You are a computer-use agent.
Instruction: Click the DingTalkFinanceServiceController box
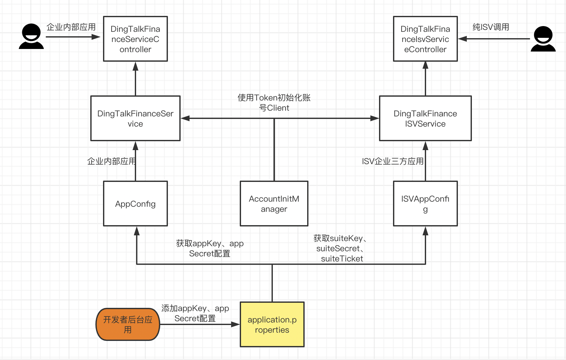pyautogui.click(x=135, y=39)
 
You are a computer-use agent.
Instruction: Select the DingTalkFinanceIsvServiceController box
pyautogui.click(x=425, y=39)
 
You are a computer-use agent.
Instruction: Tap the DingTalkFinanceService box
pyautogui.click(x=135, y=118)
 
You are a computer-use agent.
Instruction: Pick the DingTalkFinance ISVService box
pyautogui.click(x=425, y=118)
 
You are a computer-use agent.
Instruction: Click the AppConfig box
pyautogui.click(x=135, y=204)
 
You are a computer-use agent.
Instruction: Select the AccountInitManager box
pyautogui.click(x=274, y=204)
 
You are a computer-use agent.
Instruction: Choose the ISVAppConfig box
pyautogui.click(x=425, y=204)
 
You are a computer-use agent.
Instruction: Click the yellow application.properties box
pyautogui.click(x=272, y=324)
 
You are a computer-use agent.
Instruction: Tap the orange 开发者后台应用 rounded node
pyautogui.click(x=128, y=324)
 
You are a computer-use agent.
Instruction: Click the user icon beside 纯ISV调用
pyautogui.click(x=543, y=39)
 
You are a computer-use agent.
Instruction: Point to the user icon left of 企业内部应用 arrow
pyautogui.click(x=31, y=36)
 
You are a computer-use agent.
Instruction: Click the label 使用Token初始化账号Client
pyautogui.click(x=274, y=102)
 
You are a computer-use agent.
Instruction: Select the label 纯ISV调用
pyautogui.click(x=491, y=27)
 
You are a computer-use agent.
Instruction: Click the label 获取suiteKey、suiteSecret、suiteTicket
pyautogui.click(x=340, y=248)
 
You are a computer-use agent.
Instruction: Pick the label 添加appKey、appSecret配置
pyautogui.click(x=195, y=313)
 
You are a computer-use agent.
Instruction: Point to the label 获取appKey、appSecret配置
pyautogui.click(x=210, y=248)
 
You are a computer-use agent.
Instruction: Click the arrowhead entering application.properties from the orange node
pyautogui.click(x=236, y=324)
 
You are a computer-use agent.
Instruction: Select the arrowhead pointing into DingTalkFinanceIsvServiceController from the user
pyautogui.click(x=462, y=39)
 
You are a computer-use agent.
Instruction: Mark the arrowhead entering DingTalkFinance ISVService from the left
pyautogui.click(x=375, y=118)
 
